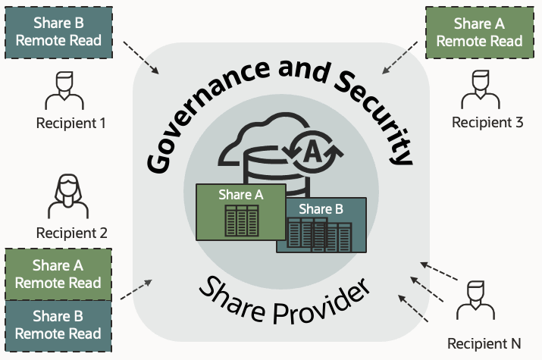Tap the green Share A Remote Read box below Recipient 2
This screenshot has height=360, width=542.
[x=58, y=274]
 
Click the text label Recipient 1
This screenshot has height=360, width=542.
[x=71, y=122]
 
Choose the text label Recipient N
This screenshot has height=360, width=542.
[x=484, y=343]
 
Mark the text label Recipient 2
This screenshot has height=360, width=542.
[x=71, y=233]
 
